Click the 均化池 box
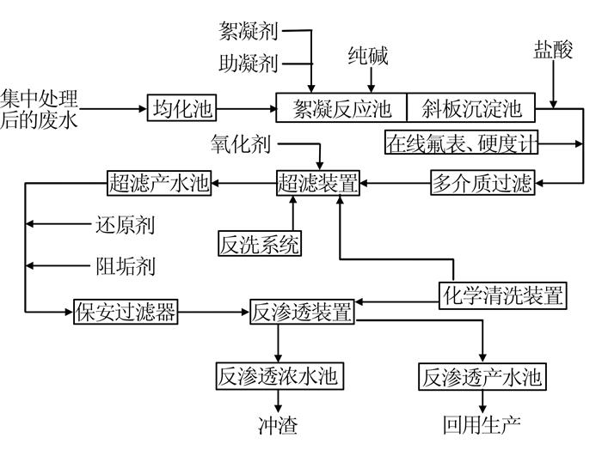(x=181, y=108)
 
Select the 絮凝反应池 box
(x=341, y=107)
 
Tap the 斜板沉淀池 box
(x=470, y=107)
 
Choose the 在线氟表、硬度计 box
(x=461, y=143)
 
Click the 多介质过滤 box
(x=482, y=182)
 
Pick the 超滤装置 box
(x=318, y=183)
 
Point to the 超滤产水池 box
(x=159, y=183)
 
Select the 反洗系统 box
(x=260, y=243)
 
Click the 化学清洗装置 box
(x=503, y=295)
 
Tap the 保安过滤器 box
(x=126, y=312)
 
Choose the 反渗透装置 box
(x=302, y=312)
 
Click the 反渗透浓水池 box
(x=279, y=376)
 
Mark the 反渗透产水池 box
(x=482, y=376)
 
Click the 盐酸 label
(x=553, y=50)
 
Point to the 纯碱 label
(x=368, y=56)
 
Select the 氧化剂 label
(x=241, y=144)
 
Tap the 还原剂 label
(x=126, y=225)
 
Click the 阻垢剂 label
(x=126, y=266)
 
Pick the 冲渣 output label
(x=278, y=425)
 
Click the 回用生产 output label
(x=482, y=425)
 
